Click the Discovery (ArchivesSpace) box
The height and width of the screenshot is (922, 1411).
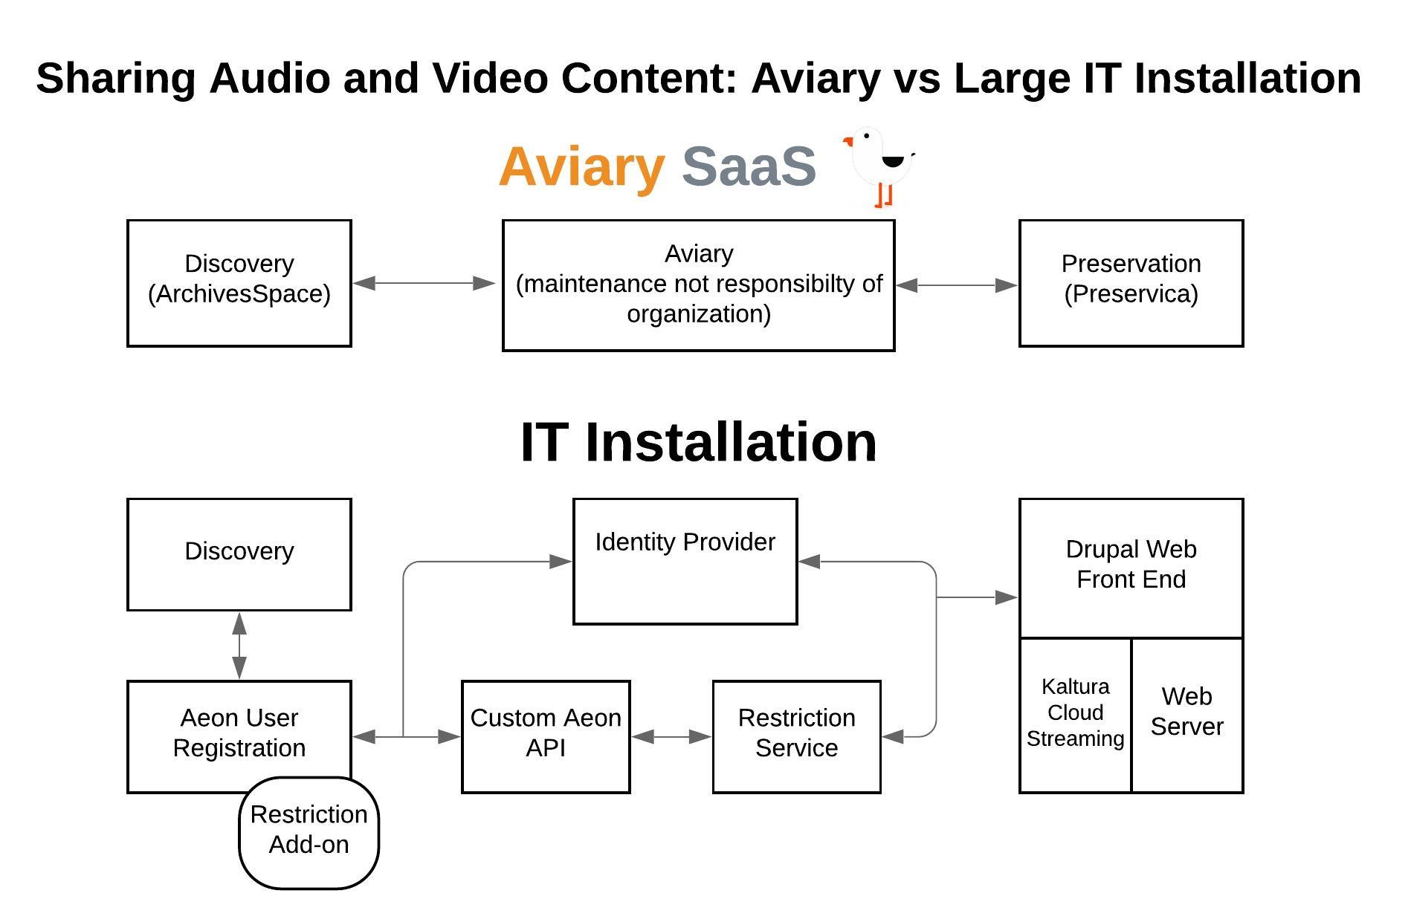tap(239, 282)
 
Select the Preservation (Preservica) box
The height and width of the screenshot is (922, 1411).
tap(1130, 282)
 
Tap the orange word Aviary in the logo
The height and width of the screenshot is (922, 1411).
tap(581, 166)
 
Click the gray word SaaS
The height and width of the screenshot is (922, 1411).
tap(749, 166)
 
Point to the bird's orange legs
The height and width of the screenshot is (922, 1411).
tap(883, 195)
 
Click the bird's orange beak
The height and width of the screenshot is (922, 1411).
tap(847, 141)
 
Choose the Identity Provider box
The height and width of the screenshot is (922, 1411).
tap(685, 561)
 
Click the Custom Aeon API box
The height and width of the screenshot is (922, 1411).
tap(546, 736)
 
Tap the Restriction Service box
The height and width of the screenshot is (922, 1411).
tap(796, 736)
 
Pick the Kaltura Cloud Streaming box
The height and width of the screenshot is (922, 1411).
tap(1075, 715)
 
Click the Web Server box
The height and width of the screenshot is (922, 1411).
tap(1186, 715)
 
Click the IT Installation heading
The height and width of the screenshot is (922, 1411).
tap(699, 442)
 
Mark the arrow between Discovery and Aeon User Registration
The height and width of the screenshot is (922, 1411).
tap(239, 645)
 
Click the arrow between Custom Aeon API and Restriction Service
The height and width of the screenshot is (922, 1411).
tap(671, 736)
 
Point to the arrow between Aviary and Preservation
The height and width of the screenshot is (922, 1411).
tap(956, 285)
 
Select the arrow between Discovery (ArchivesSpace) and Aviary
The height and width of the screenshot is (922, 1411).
tap(424, 283)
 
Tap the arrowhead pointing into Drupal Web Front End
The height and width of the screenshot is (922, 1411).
tap(1007, 597)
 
